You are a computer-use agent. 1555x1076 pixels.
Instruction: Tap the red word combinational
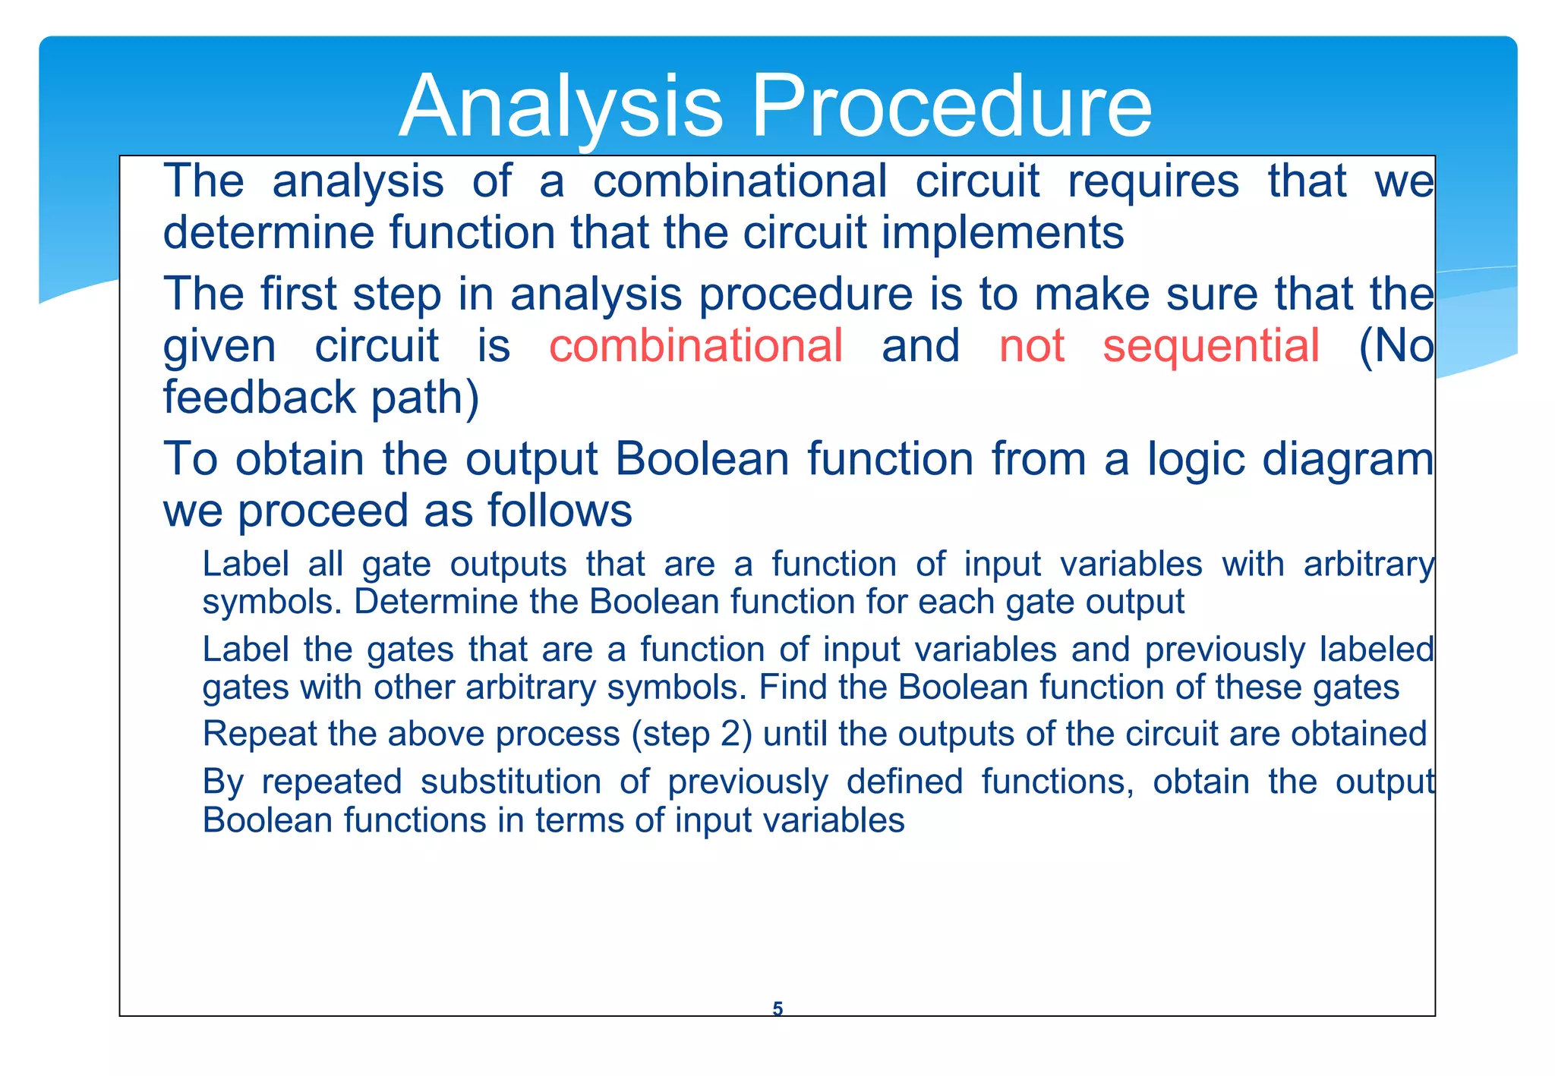click(695, 346)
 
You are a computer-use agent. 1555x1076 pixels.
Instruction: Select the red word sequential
click(1210, 346)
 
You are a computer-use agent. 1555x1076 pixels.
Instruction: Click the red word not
click(1031, 346)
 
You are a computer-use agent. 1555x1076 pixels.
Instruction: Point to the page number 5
click(777, 1008)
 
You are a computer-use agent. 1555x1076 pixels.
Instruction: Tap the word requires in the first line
click(1153, 182)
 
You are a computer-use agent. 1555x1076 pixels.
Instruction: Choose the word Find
click(786, 687)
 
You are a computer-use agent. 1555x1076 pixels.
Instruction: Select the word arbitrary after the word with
click(1368, 565)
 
